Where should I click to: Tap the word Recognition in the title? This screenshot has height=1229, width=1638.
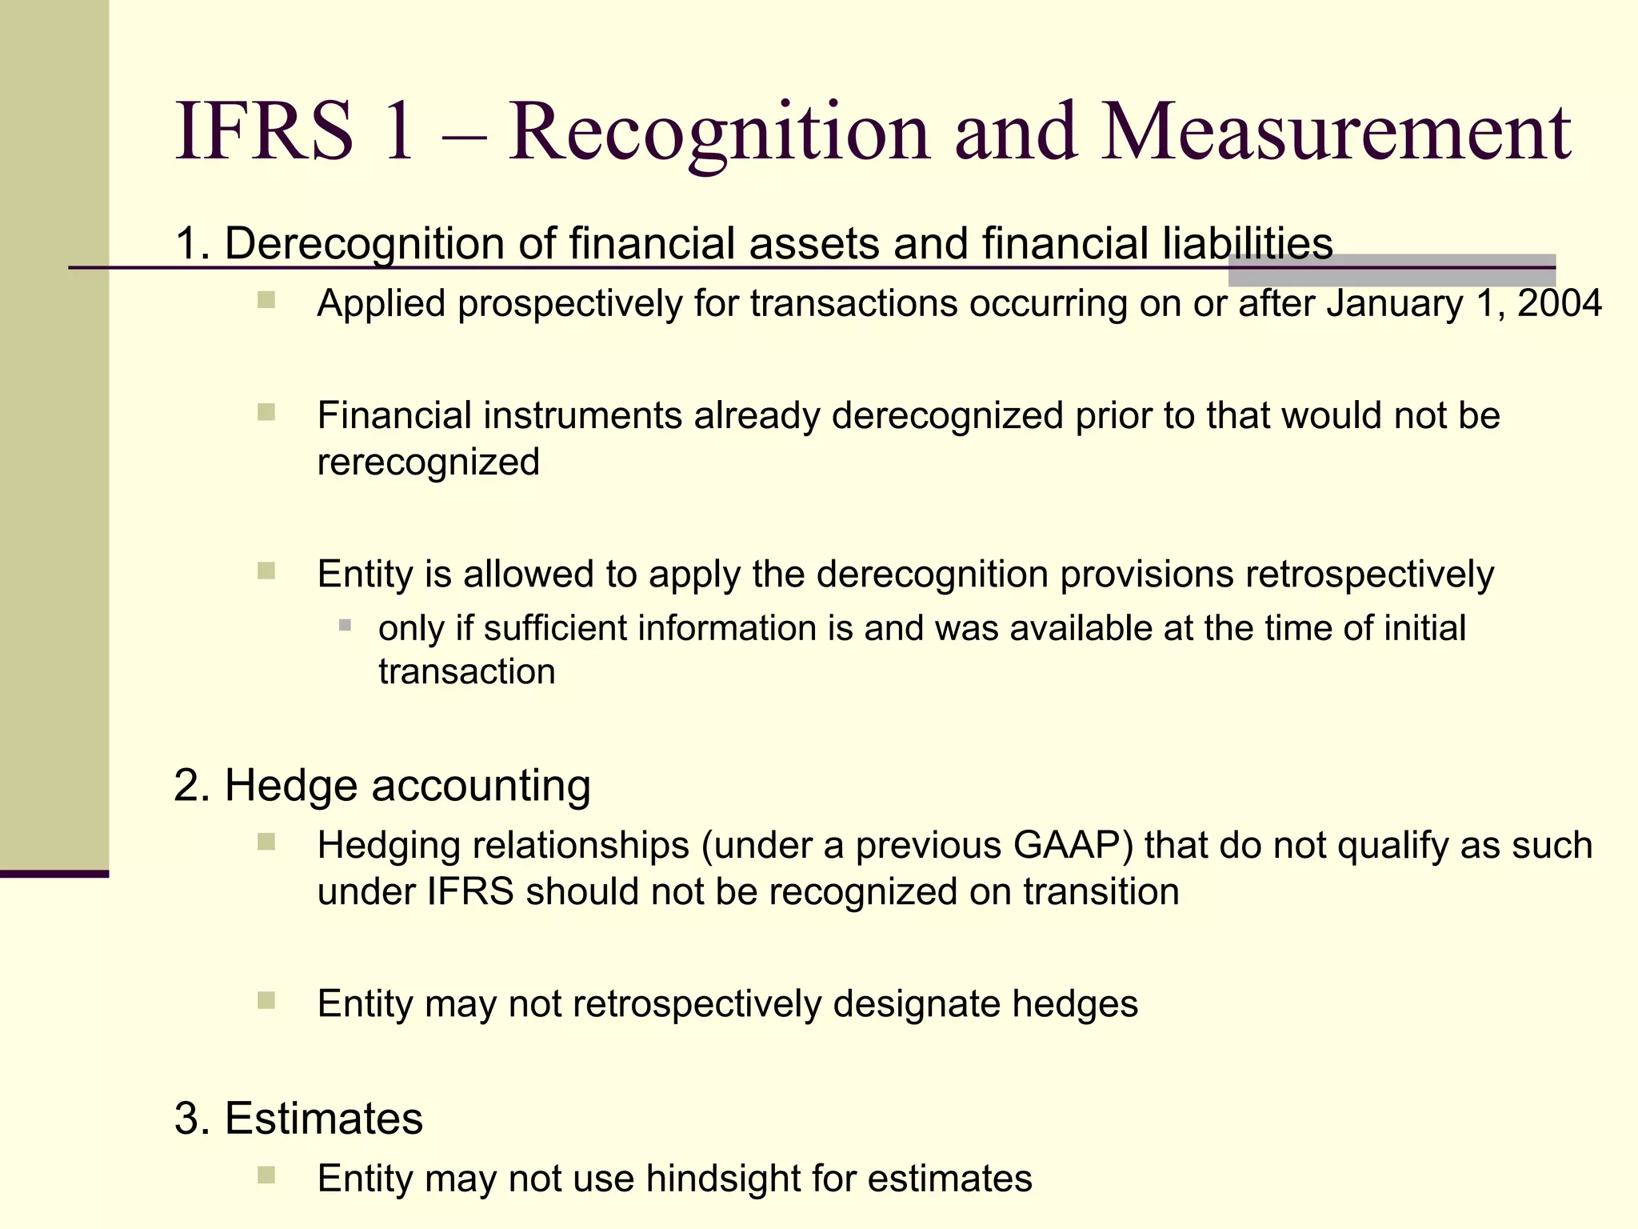718,132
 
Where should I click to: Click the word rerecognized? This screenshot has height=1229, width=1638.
429,462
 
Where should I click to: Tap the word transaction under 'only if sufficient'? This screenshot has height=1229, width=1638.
467,671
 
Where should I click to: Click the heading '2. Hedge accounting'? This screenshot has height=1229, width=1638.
382,785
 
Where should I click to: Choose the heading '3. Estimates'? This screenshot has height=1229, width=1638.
298,1118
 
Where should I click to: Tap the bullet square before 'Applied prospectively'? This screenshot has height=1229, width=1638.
266,301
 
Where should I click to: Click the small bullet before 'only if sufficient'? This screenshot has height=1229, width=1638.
345,625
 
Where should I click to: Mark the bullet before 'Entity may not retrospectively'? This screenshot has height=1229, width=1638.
266,1000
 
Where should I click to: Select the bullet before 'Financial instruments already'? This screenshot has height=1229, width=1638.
266,412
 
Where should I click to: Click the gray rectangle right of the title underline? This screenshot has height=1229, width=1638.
1392,270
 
